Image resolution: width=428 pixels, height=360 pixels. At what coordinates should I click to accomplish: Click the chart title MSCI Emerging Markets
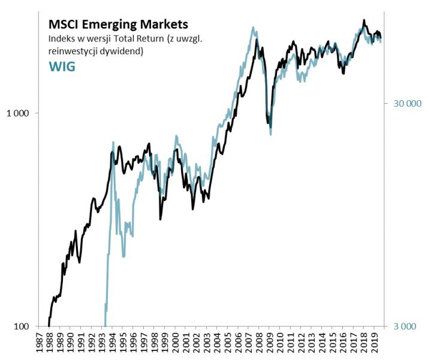pyautogui.click(x=117, y=25)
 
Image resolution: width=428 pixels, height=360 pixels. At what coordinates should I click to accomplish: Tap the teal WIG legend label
pyautogui.click(x=61, y=66)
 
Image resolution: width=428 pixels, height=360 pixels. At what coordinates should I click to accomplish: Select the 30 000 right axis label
pyautogui.click(x=408, y=103)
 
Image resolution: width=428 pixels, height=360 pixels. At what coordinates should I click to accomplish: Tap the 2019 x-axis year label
pyautogui.click(x=374, y=346)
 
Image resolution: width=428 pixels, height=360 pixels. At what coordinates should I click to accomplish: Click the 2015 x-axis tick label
pyautogui.click(x=333, y=346)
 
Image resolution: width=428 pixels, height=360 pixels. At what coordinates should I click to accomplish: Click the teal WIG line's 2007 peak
pyautogui.click(x=254, y=27)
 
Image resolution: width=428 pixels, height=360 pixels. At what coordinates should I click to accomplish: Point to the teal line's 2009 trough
pyautogui.click(x=270, y=134)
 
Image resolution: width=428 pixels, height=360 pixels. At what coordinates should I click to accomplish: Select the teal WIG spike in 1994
pyautogui.click(x=113, y=142)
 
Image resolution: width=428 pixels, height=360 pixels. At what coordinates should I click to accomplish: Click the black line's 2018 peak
pyautogui.click(x=364, y=20)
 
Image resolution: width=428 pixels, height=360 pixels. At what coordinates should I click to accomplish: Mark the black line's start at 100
pyautogui.click(x=49, y=326)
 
